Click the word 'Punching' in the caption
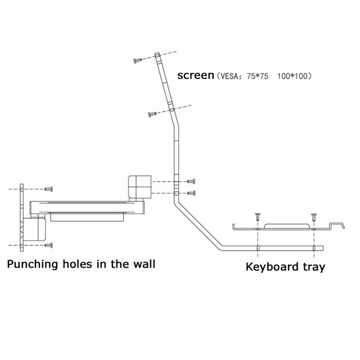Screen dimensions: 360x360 point(32,264)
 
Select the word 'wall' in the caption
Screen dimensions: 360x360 point(142,263)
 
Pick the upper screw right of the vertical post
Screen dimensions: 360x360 point(192,181)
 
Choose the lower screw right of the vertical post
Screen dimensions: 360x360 point(192,193)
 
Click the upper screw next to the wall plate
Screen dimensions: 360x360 point(49,188)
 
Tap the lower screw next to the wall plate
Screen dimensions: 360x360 point(49,245)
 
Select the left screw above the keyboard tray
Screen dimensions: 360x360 point(258,215)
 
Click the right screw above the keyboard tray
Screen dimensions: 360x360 point(314,215)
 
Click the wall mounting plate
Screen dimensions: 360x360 point(21,217)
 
